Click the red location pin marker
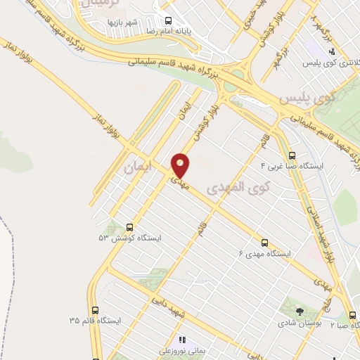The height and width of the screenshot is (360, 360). coord(181,165)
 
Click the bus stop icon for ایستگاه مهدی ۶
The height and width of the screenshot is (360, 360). coord(265,241)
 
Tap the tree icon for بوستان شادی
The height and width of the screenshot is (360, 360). coord(301,310)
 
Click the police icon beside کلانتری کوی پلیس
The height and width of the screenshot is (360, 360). coord(332,51)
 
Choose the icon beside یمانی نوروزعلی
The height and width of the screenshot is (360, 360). coord(181,340)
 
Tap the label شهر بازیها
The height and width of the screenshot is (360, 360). coord(122,22)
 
